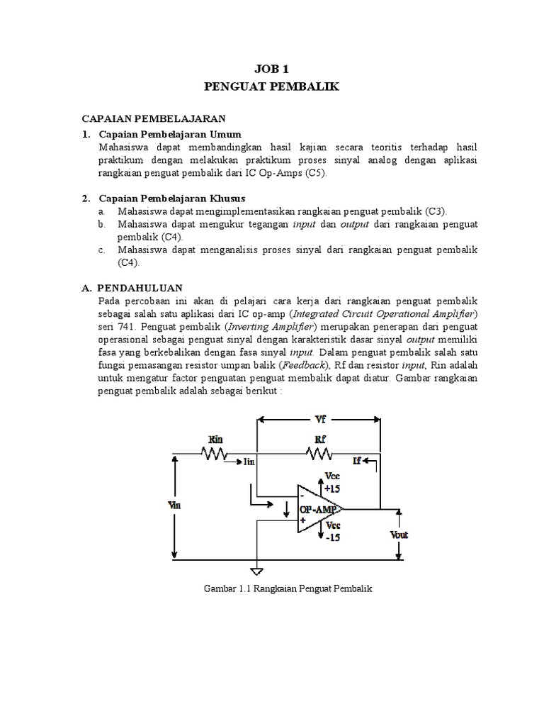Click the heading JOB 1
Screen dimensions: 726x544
[x=271, y=69]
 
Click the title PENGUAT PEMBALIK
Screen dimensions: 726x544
[x=271, y=87]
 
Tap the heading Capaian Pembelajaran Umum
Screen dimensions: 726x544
[x=170, y=134]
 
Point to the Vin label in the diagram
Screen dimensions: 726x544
[x=173, y=506]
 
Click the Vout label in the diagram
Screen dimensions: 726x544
[x=398, y=534]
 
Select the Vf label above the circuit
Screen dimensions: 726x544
[x=320, y=420]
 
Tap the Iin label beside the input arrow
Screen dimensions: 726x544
[x=249, y=462]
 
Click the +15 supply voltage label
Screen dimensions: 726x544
[x=331, y=488]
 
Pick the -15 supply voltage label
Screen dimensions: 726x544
[x=331, y=537]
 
